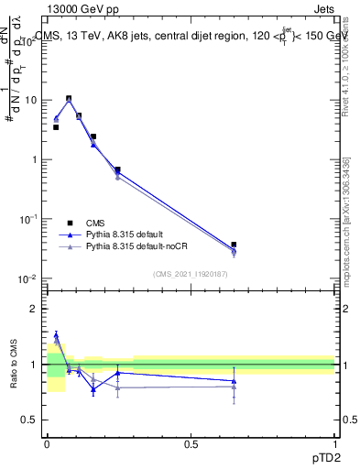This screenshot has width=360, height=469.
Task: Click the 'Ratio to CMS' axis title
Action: click(x=15, y=365)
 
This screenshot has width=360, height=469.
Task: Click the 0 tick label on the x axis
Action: click(x=47, y=443)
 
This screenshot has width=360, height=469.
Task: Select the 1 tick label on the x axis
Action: click(x=334, y=443)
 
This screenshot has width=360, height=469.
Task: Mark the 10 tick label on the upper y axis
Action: click(x=31, y=100)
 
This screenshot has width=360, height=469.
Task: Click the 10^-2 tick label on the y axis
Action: click(x=28, y=278)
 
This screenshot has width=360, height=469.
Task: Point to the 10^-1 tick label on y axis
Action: click(x=28, y=219)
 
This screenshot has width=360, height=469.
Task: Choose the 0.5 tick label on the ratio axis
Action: click(x=32, y=420)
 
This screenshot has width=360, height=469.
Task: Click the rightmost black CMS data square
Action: click(x=234, y=245)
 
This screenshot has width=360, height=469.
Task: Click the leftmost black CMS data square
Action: click(x=56, y=127)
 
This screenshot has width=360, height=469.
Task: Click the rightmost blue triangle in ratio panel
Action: click(x=234, y=380)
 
